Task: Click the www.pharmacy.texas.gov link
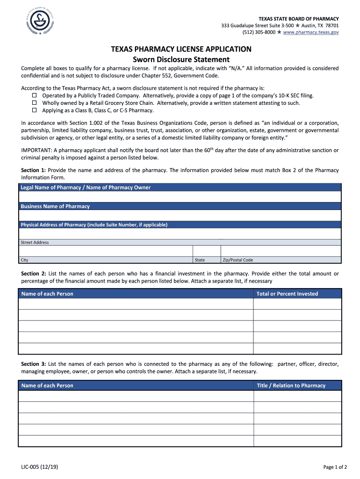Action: pos(311,32)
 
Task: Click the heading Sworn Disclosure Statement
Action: pos(181,59)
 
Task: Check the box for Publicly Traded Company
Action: pos(34,95)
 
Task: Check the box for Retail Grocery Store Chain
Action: pos(34,103)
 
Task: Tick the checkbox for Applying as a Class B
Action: pos(34,110)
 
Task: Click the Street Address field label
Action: pos(35,242)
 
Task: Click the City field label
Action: pos(24,260)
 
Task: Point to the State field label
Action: pos(200,260)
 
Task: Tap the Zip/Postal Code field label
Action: pos(238,260)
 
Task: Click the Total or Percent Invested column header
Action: pos(287,294)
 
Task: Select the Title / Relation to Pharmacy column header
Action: pos(291,385)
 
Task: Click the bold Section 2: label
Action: pos(33,274)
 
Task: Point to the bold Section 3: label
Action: pos(33,364)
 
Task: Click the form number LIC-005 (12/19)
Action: pos(39,466)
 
